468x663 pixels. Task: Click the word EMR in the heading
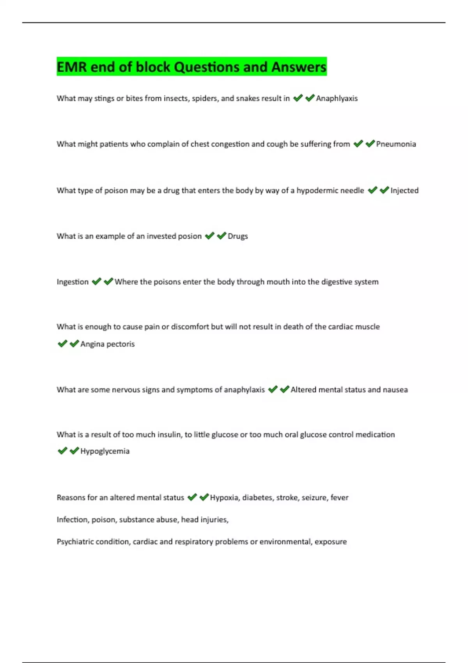coord(72,67)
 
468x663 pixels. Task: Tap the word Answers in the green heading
coord(299,67)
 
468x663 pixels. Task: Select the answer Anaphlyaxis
coord(337,99)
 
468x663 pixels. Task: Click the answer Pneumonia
coord(396,144)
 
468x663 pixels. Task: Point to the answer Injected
coord(404,191)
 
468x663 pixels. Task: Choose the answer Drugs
coord(238,236)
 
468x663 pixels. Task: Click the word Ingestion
coord(73,282)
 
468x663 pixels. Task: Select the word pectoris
coord(122,344)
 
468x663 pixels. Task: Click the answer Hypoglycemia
coord(105,451)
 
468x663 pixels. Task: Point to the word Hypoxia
coord(224,498)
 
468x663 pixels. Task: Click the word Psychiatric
coord(74,542)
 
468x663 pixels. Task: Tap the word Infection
coord(72,519)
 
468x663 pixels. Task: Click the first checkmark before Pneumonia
coord(358,144)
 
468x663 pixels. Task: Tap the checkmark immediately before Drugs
coord(222,236)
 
